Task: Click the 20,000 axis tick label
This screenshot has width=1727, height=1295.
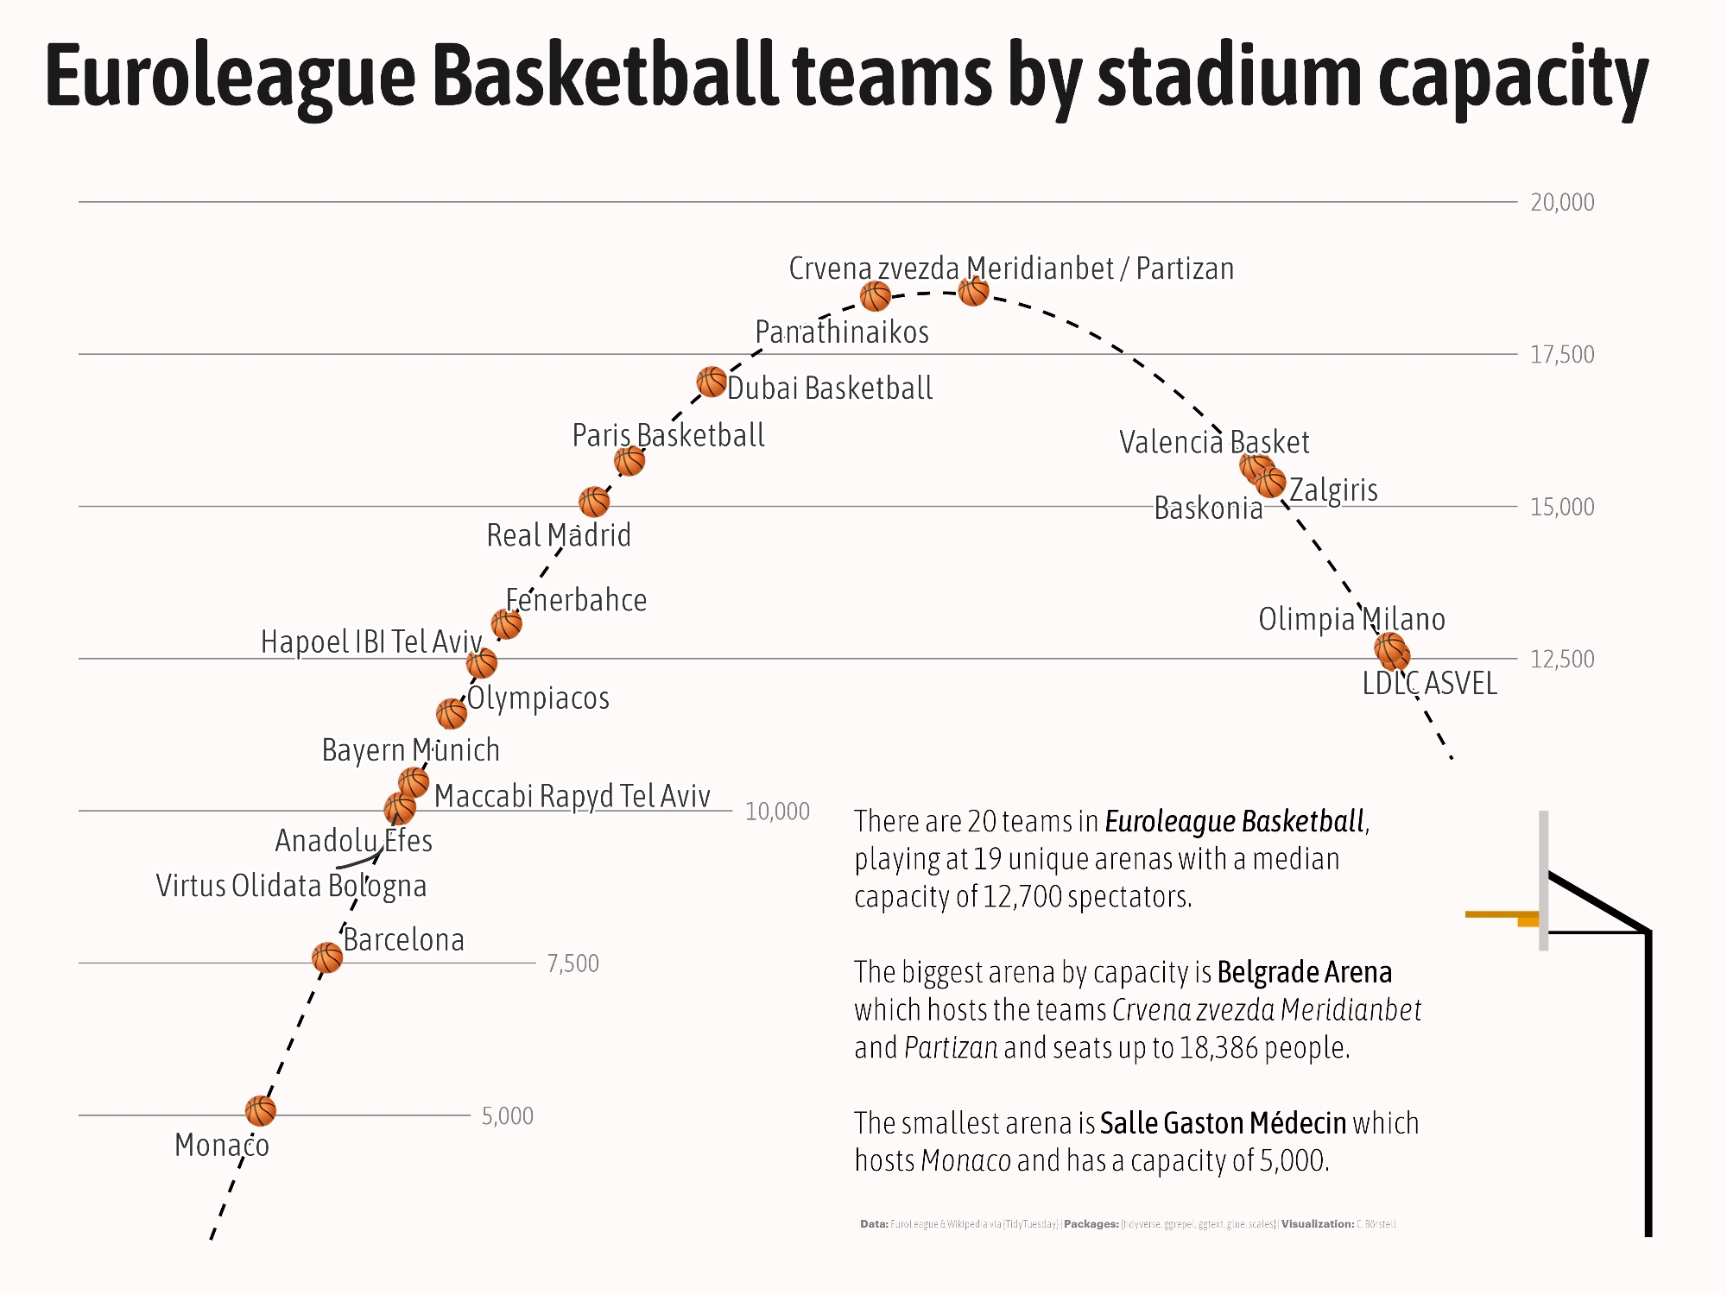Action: coord(1561,202)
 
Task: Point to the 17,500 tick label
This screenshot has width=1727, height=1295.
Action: coord(1561,354)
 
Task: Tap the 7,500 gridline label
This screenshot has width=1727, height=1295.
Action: coord(573,963)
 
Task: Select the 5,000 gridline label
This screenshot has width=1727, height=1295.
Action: coord(507,1115)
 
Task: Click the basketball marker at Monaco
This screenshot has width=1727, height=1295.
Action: coord(260,1111)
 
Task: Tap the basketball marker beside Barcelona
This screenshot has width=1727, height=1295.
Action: coord(326,957)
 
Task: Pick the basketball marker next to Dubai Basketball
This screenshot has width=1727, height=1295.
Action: coord(712,382)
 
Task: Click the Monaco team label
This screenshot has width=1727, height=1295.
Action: coord(222,1146)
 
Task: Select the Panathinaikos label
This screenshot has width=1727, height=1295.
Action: coord(842,332)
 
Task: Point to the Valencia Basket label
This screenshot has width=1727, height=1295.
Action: coord(1214,442)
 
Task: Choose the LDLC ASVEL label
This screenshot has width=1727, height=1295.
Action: coord(1429,684)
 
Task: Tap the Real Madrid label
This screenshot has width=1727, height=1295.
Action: coord(559,535)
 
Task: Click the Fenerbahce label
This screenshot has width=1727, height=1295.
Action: coord(576,600)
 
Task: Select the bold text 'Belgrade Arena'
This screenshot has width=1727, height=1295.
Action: coord(1304,972)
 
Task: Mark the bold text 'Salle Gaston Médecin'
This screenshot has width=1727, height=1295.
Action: coord(1223,1123)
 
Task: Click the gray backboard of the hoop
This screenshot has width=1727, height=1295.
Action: coord(1543,881)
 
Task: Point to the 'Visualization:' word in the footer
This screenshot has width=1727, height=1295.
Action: coord(1317,1224)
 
